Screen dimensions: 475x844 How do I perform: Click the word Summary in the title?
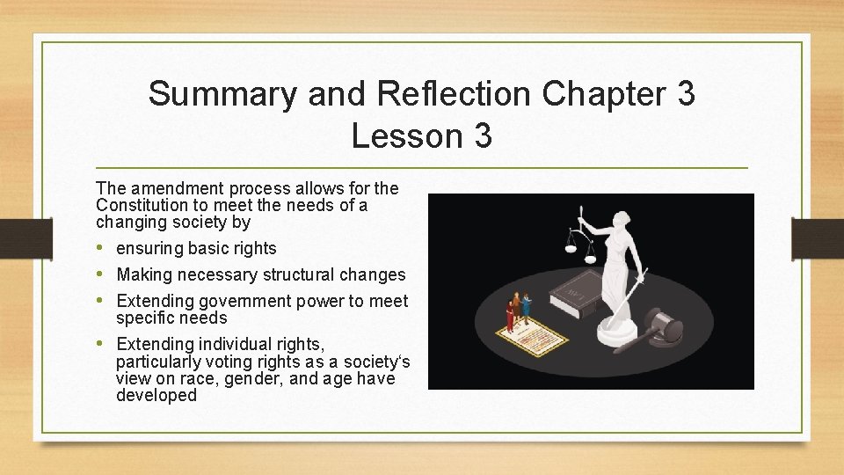point(222,94)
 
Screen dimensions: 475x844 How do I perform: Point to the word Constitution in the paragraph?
point(141,205)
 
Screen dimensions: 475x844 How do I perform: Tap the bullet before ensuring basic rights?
point(102,248)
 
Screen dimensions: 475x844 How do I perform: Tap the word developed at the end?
point(156,396)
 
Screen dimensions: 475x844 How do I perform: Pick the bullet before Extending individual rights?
point(102,344)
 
